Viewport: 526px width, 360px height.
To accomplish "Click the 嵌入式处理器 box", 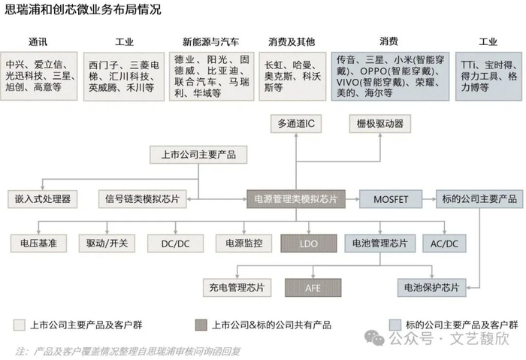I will point(42,199).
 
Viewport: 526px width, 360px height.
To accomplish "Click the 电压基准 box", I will point(38,244).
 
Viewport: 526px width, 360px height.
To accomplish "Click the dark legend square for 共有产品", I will point(201,325).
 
